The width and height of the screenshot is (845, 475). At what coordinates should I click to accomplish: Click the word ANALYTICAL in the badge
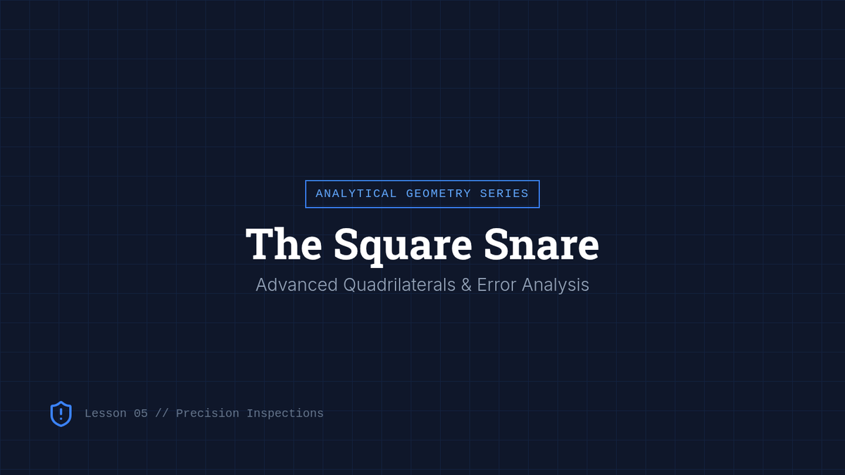[x=356, y=194]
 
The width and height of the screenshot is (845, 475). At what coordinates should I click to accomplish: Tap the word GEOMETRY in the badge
[x=438, y=194]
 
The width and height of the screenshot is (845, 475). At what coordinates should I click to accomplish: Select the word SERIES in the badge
[x=504, y=194]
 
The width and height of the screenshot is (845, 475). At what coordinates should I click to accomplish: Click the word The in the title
[x=284, y=244]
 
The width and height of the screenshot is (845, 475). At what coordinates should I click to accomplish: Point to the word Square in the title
[x=403, y=246]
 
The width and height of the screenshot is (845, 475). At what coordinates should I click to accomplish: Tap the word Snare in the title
[x=542, y=244]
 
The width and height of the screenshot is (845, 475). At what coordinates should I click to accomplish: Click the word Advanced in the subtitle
[x=296, y=284]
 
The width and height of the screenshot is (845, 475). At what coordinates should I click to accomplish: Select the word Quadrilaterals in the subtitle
[x=399, y=285]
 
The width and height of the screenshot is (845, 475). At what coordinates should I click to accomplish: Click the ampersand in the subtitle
[x=466, y=285]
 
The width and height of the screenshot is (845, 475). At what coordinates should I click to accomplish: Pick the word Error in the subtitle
[x=496, y=285]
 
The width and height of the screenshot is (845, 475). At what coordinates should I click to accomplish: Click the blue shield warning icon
[x=61, y=414]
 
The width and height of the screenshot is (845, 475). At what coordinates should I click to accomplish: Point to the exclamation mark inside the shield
[x=61, y=414]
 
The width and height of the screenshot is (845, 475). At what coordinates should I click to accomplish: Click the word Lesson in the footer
[x=106, y=414]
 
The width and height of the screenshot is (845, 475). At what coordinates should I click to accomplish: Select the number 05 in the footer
[x=141, y=414]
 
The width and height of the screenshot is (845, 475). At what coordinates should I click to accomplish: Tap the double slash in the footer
[x=162, y=414]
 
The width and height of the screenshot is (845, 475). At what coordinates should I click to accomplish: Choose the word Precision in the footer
[x=208, y=414]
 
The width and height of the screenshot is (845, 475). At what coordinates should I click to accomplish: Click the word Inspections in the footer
[x=285, y=414]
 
